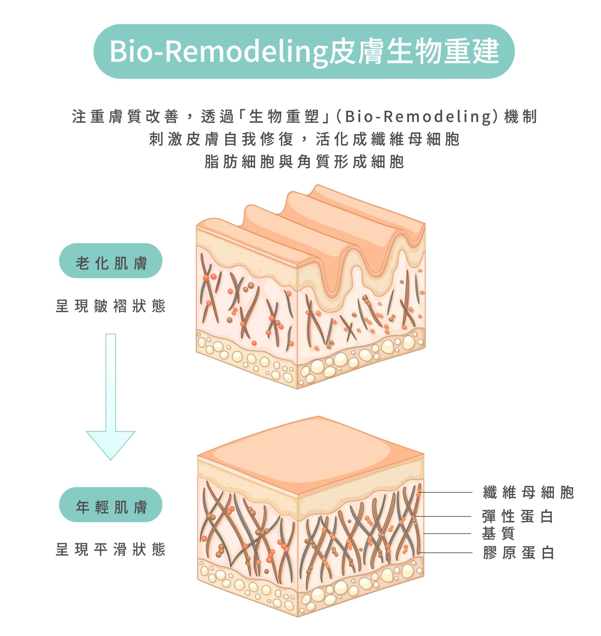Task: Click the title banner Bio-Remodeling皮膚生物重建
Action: (304, 51)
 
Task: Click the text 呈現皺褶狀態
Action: (111, 306)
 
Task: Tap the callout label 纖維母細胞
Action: (528, 492)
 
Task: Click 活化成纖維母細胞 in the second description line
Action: (388, 139)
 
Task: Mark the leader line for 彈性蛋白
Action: (444, 516)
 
